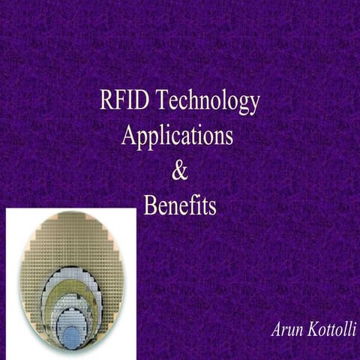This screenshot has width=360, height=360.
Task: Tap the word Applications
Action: click(177, 137)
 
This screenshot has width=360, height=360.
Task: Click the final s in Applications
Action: click(228, 137)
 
